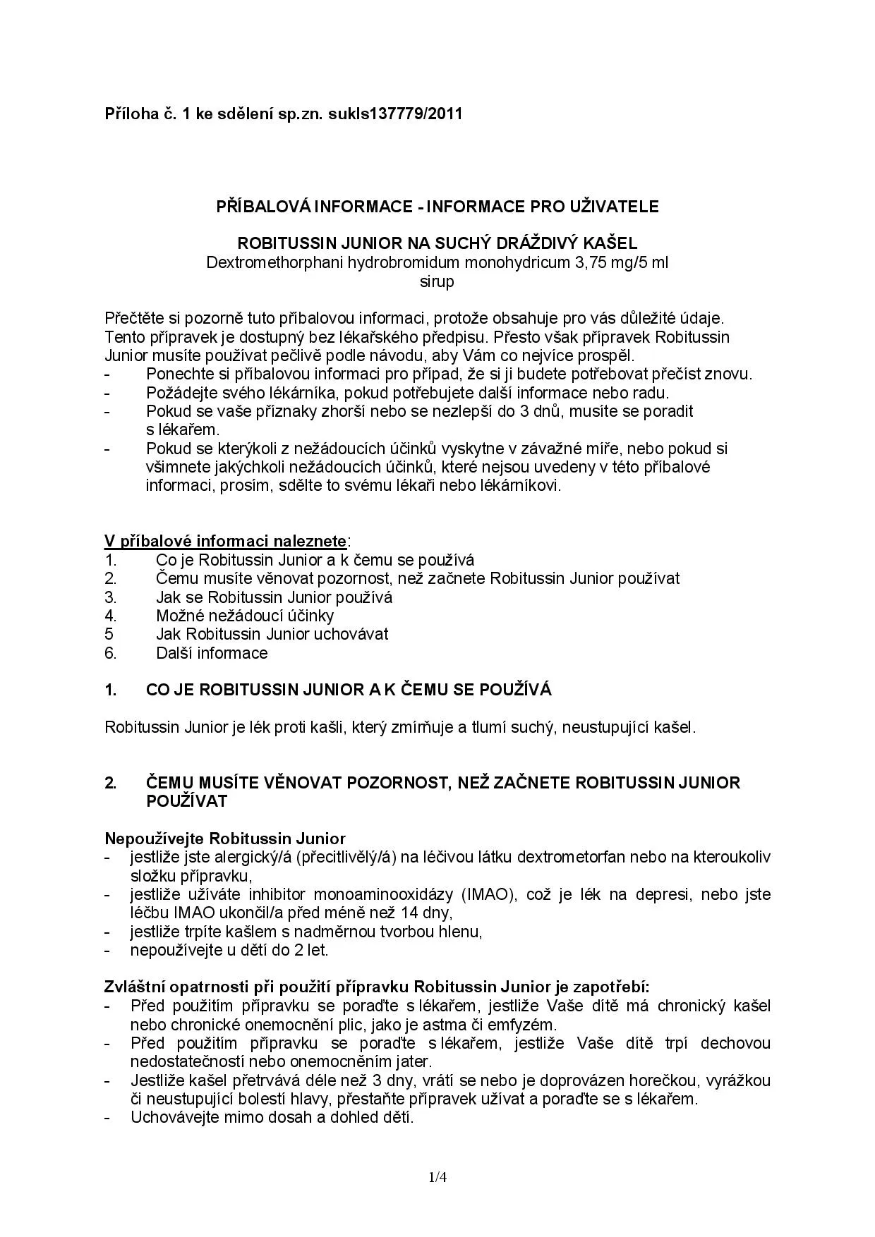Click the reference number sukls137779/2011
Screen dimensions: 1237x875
click(395, 114)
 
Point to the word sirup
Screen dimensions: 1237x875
click(437, 282)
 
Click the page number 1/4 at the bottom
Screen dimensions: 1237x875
click(437, 1177)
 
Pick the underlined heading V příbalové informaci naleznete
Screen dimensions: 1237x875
click(225, 541)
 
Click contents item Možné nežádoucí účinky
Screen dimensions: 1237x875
click(245, 616)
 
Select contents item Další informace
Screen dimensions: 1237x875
click(212, 653)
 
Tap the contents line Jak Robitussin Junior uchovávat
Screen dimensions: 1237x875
click(272, 634)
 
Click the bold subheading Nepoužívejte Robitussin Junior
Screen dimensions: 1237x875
click(225, 839)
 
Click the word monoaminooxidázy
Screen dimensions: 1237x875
click(383, 894)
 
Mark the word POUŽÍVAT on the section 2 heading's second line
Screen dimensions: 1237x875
click(187, 801)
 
